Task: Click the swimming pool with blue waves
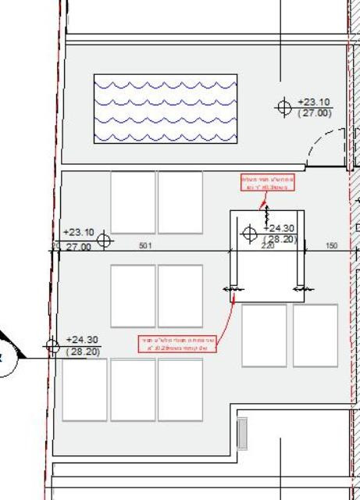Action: (x=165, y=109)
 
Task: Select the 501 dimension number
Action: (x=144, y=246)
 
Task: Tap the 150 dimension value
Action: (x=332, y=246)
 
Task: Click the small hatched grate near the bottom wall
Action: (x=241, y=431)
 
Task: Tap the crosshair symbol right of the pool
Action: (x=284, y=106)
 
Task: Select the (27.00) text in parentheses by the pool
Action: (x=315, y=114)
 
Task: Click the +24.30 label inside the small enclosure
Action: (x=280, y=229)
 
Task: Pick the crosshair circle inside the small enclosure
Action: (x=250, y=232)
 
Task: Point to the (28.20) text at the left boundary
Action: (x=82, y=352)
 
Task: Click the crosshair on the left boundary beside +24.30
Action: (x=52, y=345)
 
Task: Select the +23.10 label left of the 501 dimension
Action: (x=78, y=232)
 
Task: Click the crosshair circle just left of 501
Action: (x=103, y=240)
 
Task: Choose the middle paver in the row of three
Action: (x=133, y=389)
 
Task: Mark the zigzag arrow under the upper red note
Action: (x=266, y=209)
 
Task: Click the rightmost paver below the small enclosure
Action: (x=315, y=335)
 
